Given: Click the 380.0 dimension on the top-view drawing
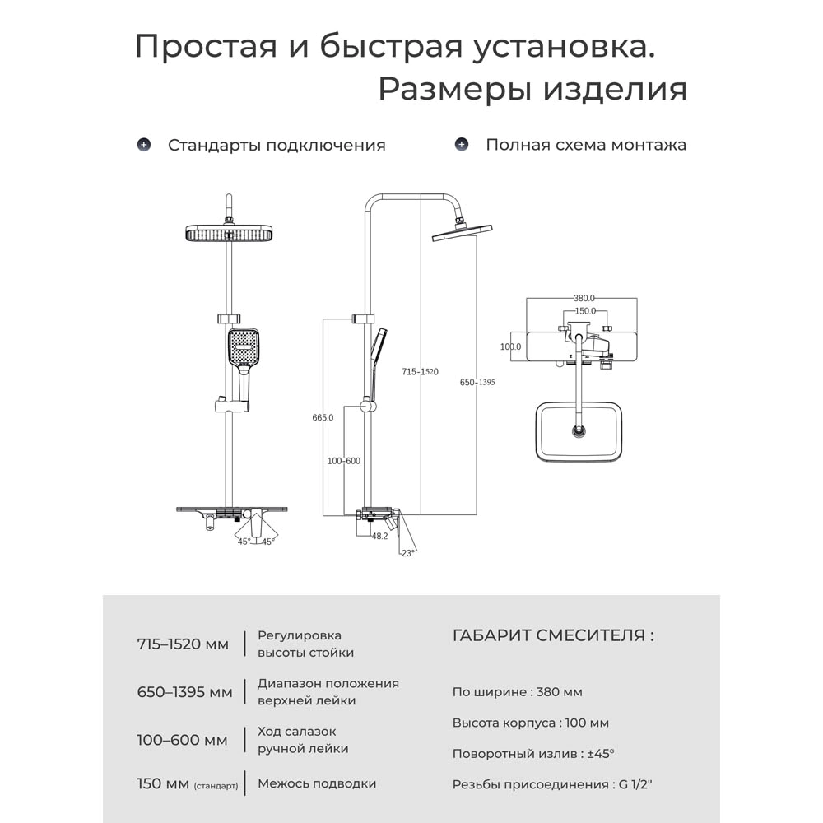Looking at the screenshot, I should pyautogui.click(x=584, y=299).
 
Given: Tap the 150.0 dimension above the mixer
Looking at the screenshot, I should pyautogui.click(x=584, y=311).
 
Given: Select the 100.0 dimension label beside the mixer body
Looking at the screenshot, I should pyautogui.click(x=510, y=347).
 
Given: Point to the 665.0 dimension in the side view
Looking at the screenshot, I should pyautogui.click(x=323, y=417).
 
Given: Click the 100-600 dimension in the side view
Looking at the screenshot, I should pyautogui.click(x=343, y=461).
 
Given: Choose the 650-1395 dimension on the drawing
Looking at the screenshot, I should pyautogui.click(x=477, y=383).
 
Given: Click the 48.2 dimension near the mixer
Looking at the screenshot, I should pyautogui.click(x=379, y=536).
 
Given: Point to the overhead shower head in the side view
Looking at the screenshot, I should pyautogui.click(x=462, y=233).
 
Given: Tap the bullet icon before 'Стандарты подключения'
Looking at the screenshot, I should pyautogui.click(x=144, y=145).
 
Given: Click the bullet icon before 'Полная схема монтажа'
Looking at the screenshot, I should pyautogui.click(x=462, y=145).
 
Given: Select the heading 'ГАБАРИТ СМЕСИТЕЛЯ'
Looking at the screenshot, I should pyautogui.click(x=553, y=635).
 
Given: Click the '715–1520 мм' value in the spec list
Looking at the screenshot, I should pyautogui.click(x=183, y=644).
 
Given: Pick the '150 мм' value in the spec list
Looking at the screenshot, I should pyautogui.click(x=163, y=783).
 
